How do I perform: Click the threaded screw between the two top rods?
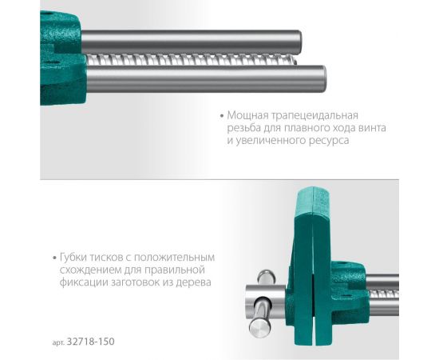point(200,60)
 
